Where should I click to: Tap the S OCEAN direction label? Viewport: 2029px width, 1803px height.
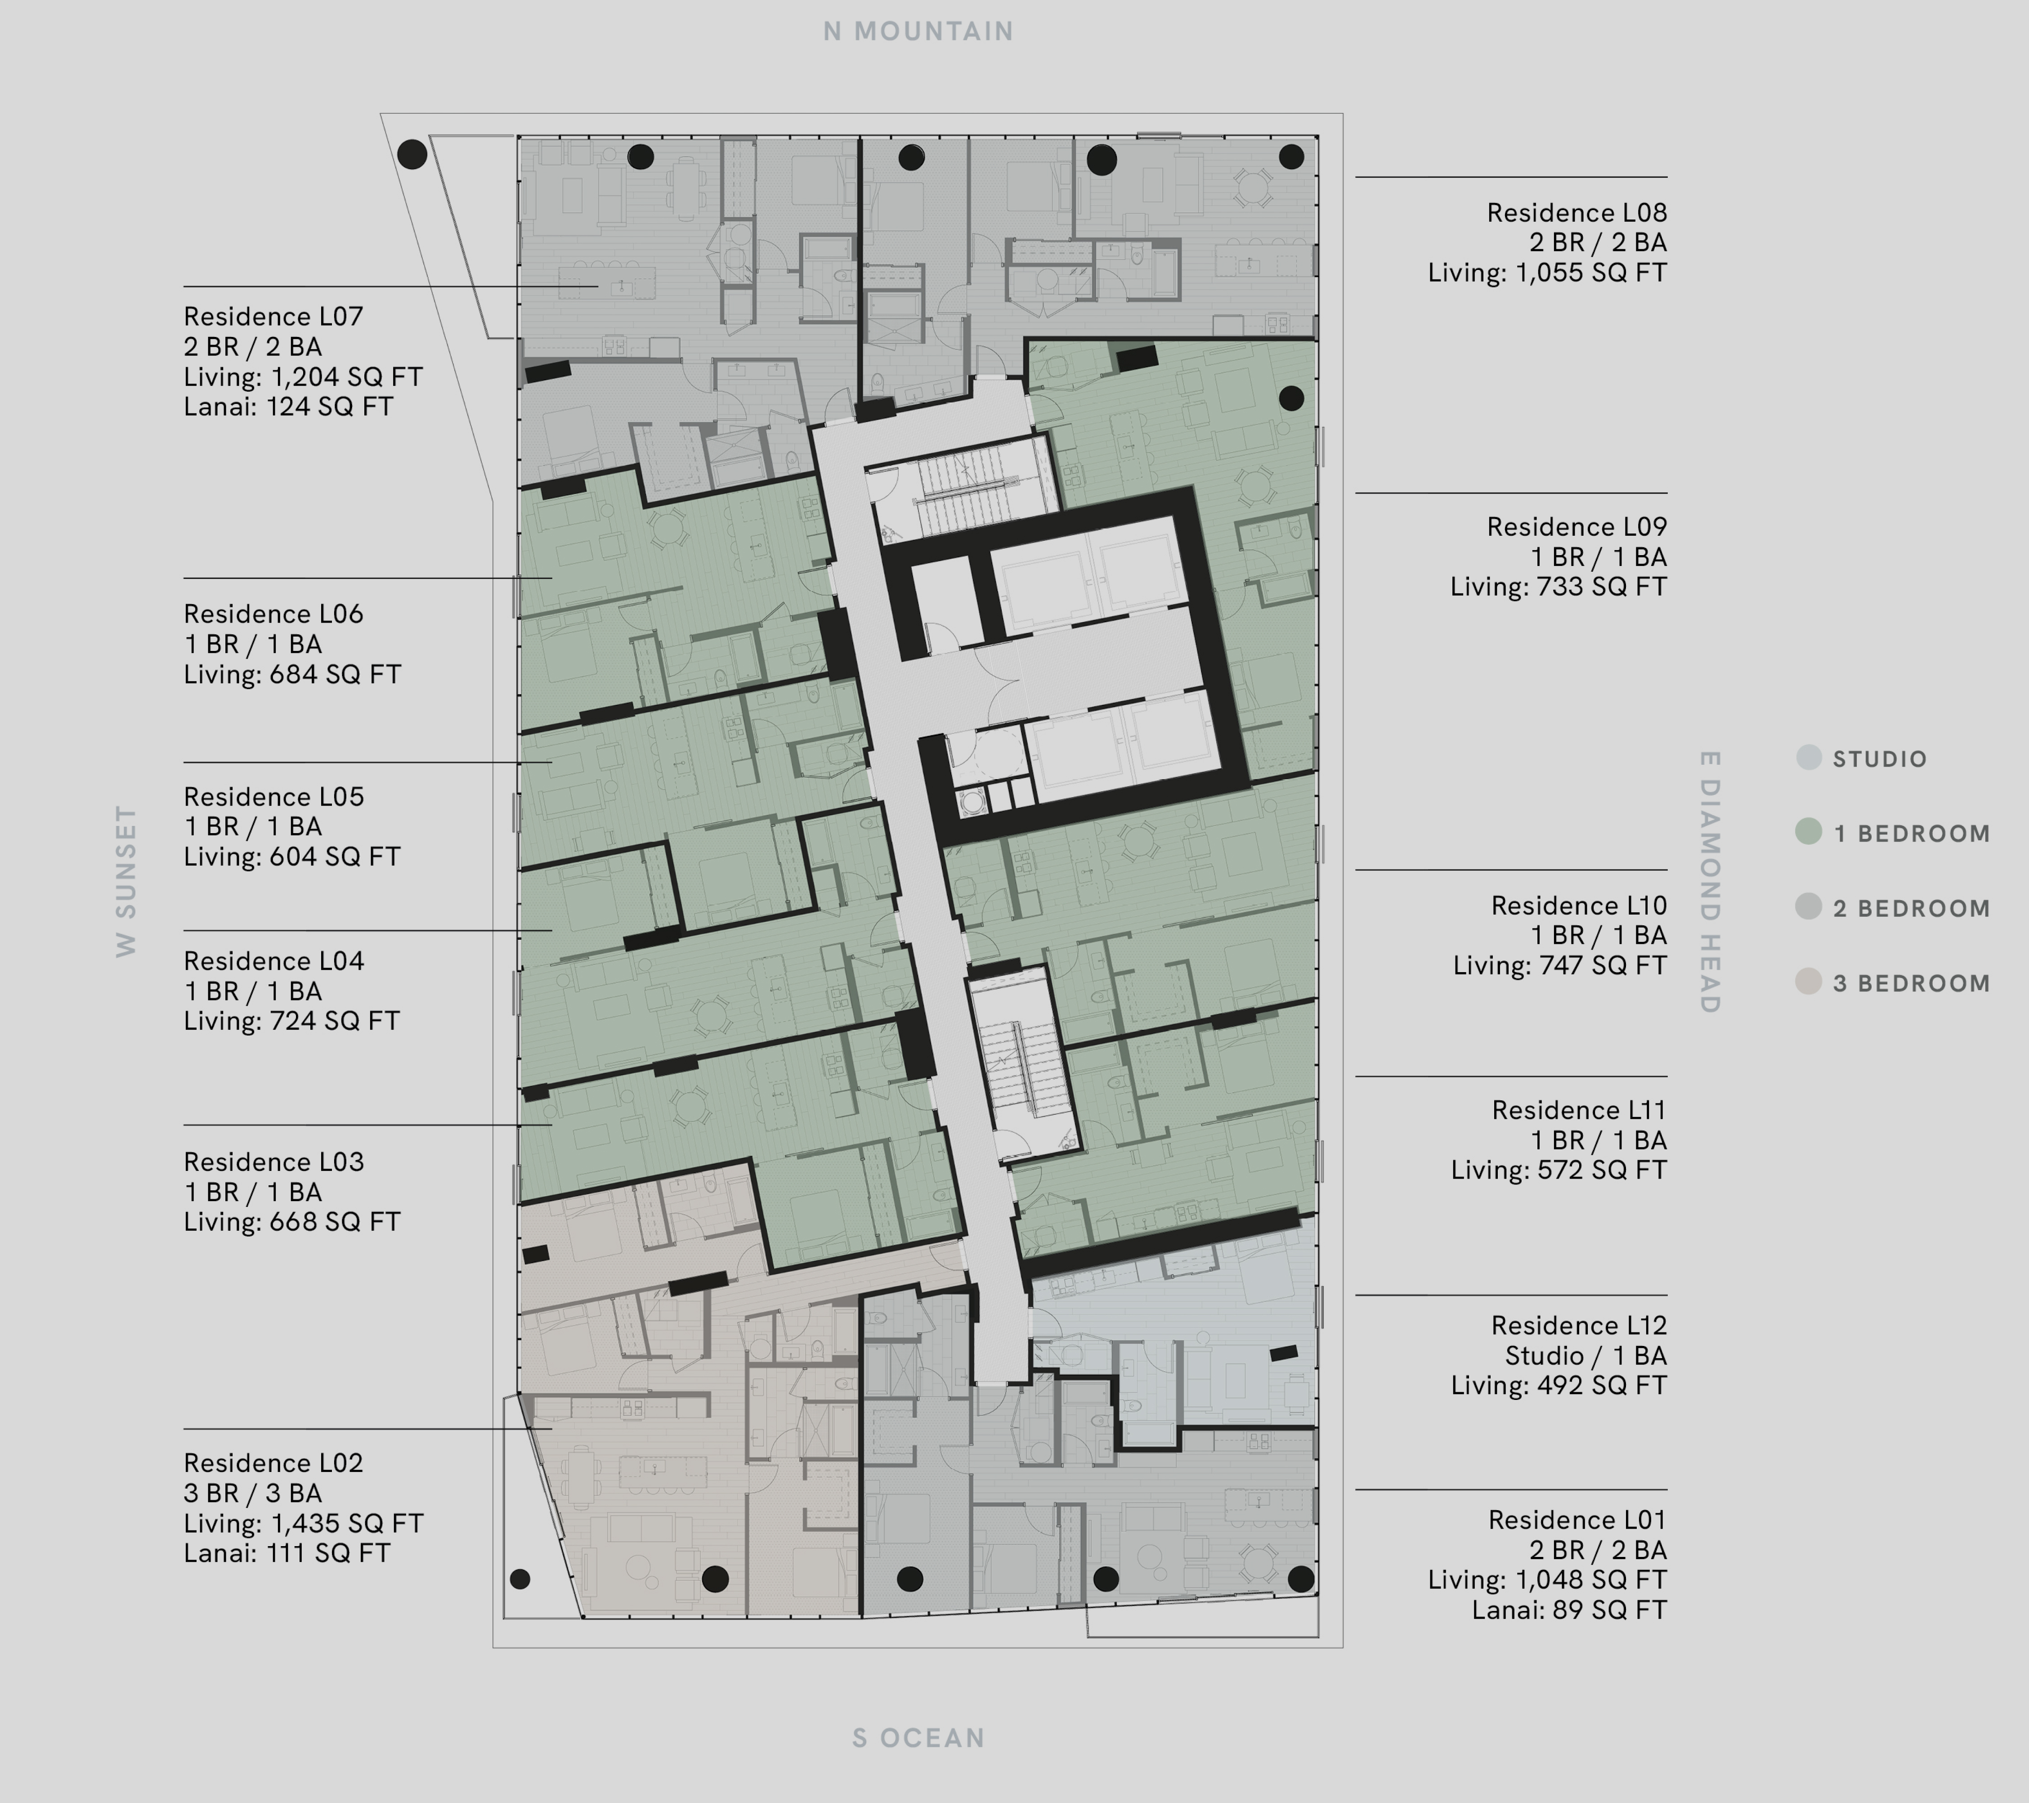[918, 1737]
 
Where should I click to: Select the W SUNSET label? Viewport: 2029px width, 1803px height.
[126, 881]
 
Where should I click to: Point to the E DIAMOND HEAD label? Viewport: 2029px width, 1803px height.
[1708, 882]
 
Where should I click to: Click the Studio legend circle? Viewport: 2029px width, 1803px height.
[1809, 758]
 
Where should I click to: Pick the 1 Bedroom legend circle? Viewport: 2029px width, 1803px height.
[1809, 832]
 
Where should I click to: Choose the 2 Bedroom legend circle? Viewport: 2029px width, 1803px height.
[1809, 906]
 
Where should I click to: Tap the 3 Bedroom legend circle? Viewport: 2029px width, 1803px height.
[1809, 982]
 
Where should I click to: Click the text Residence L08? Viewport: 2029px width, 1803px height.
[1577, 212]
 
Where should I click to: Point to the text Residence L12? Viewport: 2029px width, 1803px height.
[1578, 1325]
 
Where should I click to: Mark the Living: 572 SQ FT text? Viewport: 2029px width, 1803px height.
[1559, 1170]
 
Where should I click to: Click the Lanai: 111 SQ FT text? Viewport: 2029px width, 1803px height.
[287, 1553]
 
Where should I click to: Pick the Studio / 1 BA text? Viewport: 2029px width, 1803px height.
[1585, 1355]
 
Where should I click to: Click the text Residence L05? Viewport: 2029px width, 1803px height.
[274, 796]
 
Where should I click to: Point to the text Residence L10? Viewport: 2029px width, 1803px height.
[1578, 906]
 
